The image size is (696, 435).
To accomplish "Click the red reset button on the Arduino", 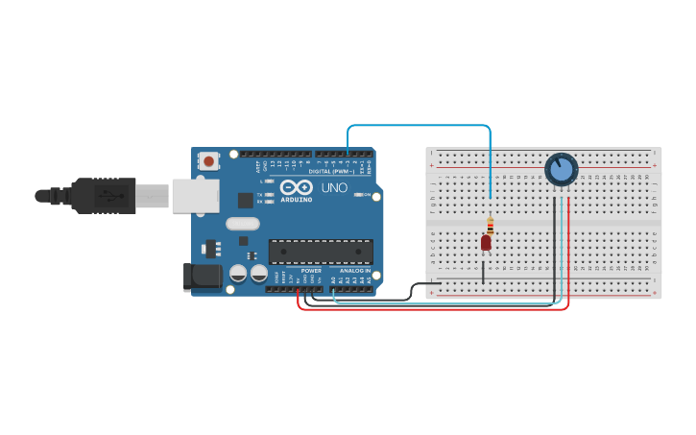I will [208, 161].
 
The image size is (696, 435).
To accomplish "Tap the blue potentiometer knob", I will [562, 170].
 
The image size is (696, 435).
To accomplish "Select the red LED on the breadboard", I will [486, 243].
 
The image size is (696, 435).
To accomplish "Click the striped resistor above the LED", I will [490, 227].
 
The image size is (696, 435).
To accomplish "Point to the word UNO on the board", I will [334, 187].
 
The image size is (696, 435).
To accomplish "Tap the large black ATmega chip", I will [321, 252].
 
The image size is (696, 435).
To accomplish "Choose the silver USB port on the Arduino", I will [196, 195].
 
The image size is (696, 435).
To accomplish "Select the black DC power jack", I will [201, 278].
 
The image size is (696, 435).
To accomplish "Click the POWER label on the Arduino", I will [311, 271].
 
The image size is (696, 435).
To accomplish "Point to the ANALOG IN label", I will [352, 271].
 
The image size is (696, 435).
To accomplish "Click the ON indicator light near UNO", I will [357, 195].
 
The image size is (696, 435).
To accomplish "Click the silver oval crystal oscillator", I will [243, 224].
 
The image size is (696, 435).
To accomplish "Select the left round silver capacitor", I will [238, 274].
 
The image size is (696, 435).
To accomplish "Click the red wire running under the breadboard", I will [432, 309].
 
